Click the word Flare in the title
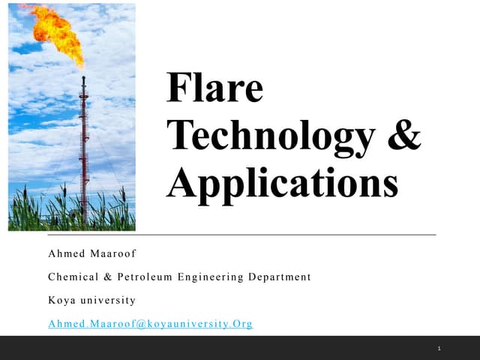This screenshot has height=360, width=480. coord(215,88)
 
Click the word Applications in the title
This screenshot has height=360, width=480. coord(282,182)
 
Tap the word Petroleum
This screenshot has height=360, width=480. coord(145,277)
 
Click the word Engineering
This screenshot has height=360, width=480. coord(211,277)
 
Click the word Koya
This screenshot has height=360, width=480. coord(61,300)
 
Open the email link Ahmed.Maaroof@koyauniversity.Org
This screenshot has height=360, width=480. coord(150,324)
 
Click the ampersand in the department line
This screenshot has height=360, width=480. coord(108,277)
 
